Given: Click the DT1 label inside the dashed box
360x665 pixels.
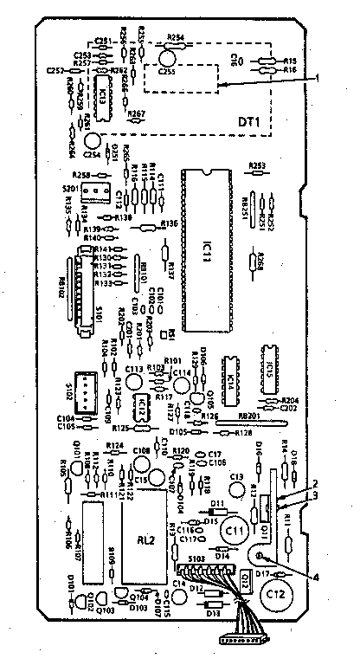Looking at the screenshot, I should coord(249,122).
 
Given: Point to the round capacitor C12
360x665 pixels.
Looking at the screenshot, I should coord(277,594).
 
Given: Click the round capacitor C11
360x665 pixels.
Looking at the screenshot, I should coord(234,528).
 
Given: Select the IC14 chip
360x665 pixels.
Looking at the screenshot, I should coord(230,382).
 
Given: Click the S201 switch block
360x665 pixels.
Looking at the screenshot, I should coord(100,190).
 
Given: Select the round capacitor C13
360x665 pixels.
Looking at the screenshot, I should coord(237,480).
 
